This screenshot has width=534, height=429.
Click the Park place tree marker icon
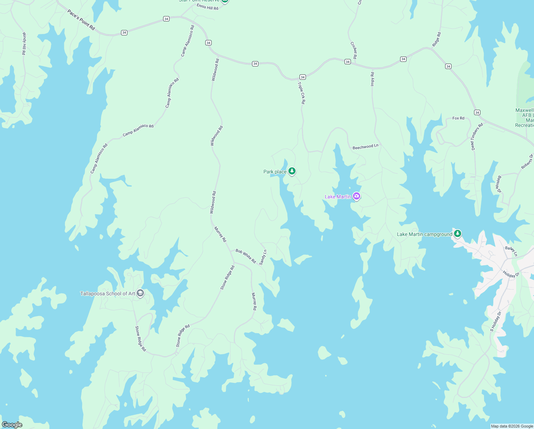(x=292, y=172)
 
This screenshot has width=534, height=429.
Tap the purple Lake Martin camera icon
(x=356, y=196)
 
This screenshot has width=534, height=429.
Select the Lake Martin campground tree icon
(x=458, y=234)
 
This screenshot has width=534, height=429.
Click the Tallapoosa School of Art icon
(x=140, y=294)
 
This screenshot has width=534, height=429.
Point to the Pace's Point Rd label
(x=81, y=20)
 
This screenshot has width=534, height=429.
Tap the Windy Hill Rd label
(x=24, y=44)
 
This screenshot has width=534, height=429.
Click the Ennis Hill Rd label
(x=207, y=7)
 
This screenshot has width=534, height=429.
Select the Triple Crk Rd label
(x=302, y=93)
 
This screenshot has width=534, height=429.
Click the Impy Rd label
(x=372, y=79)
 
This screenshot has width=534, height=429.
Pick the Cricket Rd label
(x=354, y=50)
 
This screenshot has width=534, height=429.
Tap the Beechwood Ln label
(x=365, y=147)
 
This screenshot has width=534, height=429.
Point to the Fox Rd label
(x=458, y=118)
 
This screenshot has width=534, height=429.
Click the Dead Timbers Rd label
(x=477, y=136)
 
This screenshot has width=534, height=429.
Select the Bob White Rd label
(x=246, y=256)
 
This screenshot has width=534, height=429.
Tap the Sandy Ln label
(x=263, y=257)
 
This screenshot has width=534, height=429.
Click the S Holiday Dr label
(x=496, y=321)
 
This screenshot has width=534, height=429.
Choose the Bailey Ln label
(x=511, y=251)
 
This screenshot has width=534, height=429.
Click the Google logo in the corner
(x=12, y=425)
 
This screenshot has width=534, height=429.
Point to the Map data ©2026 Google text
(x=512, y=426)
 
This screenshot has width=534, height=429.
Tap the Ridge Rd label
(x=437, y=39)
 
